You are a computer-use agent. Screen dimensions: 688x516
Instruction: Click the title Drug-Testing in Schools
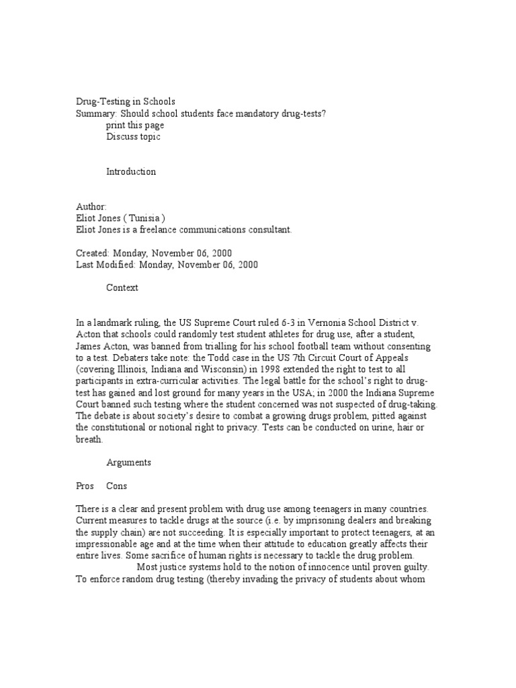point(125,102)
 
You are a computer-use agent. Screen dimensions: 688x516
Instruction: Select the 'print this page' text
point(135,125)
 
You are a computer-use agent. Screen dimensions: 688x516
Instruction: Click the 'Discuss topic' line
point(133,136)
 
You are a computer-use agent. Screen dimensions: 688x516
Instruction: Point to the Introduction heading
point(131,171)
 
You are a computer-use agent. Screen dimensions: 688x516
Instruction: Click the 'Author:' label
point(91,206)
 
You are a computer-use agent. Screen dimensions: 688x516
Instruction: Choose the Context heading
point(122,288)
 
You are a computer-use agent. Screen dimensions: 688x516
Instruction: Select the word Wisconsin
point(229,370)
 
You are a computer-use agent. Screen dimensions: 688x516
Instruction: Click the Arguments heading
point(128,462)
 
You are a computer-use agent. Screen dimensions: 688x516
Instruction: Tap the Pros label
point(85,486)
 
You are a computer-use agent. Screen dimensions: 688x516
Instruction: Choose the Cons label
point(117,486)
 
